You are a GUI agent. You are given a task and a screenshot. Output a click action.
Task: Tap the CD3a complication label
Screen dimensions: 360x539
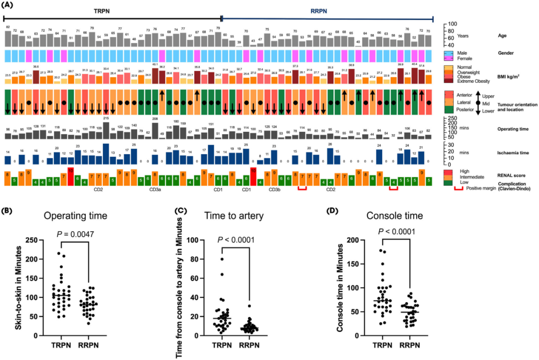pos(155,190)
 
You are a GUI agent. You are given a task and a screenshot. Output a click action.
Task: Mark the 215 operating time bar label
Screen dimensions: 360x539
pos(106,118)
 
